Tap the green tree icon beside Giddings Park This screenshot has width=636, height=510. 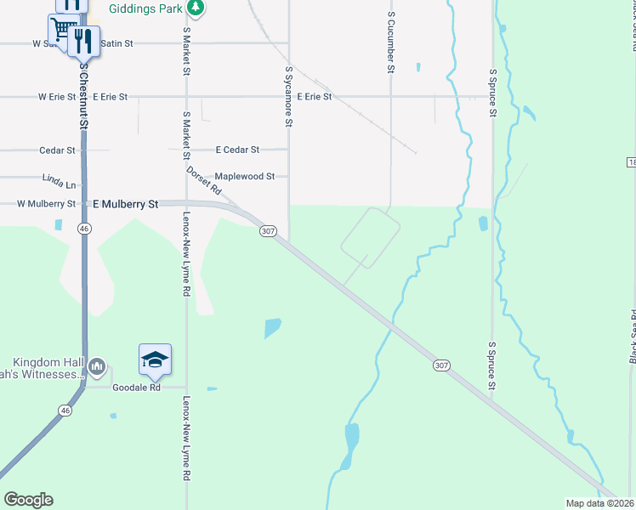196,8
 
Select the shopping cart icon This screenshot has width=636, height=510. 61,31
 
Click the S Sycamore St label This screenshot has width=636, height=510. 289,97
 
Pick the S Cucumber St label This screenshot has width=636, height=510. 390,42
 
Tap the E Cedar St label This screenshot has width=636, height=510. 237,150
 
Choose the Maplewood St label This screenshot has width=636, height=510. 245,177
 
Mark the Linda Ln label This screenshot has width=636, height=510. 59,182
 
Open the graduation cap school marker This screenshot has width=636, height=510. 156,360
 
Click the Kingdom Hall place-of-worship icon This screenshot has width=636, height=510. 96,366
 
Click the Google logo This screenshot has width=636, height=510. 28,500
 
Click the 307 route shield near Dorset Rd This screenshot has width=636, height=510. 268,231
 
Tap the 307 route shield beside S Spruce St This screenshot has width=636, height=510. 440,365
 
